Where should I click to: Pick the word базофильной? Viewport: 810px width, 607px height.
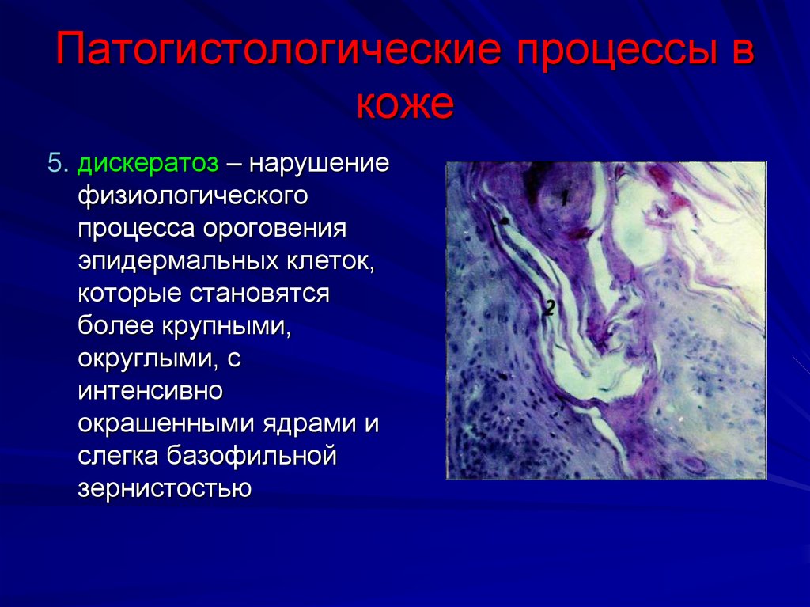tap(252, 457)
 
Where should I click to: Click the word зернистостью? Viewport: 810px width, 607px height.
tap(165, 489)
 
